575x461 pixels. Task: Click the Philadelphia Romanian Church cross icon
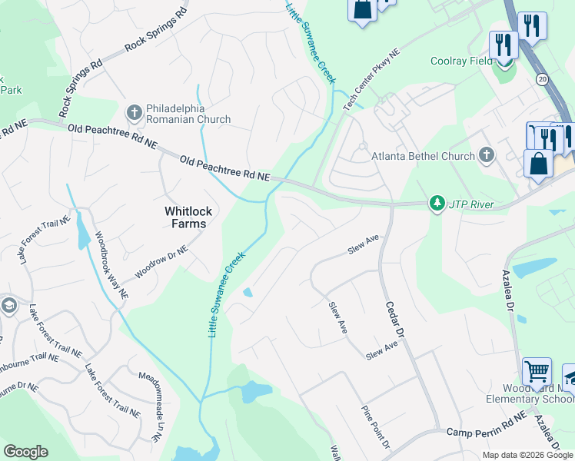pyautogui.click(x=135, y=112)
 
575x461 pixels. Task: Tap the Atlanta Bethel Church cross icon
pyautogui.click(x=485, y=156)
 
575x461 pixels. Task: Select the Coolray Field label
pyautogui.click(x=461, y=61)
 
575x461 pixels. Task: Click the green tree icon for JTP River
pyautogui.click(x=437, y=204)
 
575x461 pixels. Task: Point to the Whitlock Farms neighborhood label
pyautogui.click(x=186, y=217)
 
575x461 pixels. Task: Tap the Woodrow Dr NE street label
pyautogui.click(x=161, y=262)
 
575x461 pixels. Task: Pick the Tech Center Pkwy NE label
pyautogui.click(x=373, y=81)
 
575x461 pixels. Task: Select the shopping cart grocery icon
pyautogui.click(x=537, y=372)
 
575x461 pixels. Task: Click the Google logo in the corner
pyautogui.click(x=25, y=452)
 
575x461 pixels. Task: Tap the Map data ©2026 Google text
pyautogui.click(x=527, y=455)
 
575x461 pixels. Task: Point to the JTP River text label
pyautogui.click(x=472, y=205)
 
